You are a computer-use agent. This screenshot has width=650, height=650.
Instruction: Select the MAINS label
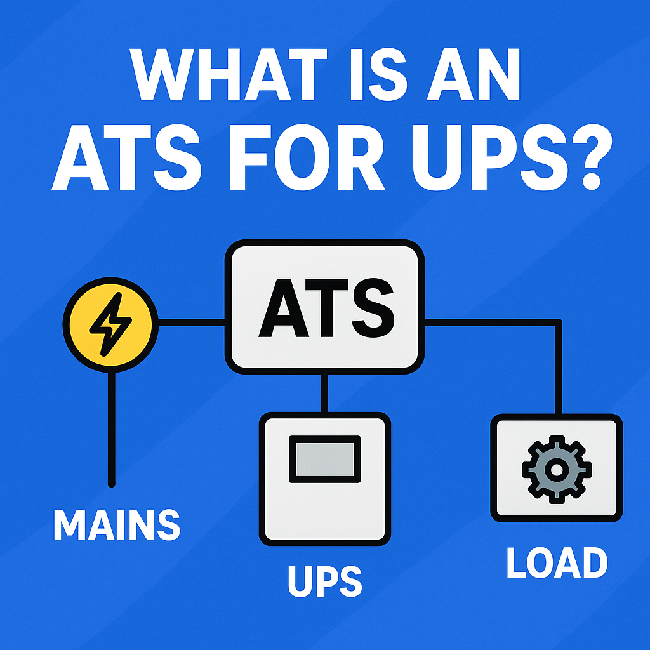point(117,524)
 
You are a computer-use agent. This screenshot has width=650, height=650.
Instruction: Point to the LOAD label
point(557,562)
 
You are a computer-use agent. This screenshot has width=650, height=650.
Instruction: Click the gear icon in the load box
point(557,468)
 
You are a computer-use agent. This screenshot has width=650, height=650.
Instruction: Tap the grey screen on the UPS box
point(324,458)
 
